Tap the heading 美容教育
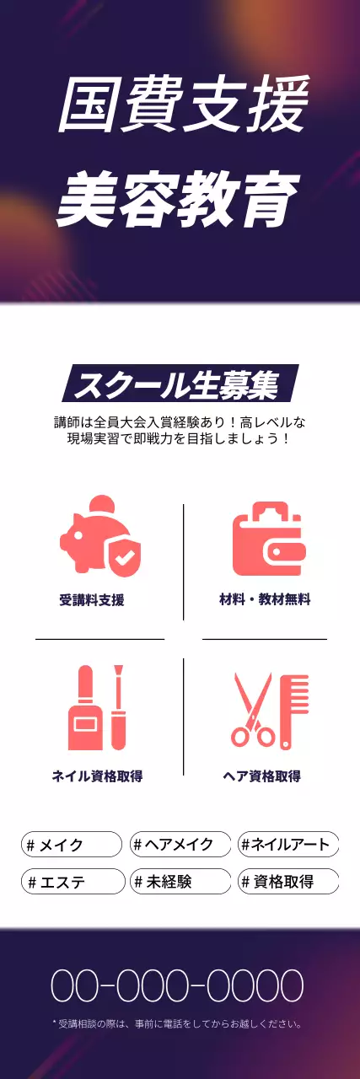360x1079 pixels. pos(180,200)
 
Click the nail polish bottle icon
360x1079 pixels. pos(85,708)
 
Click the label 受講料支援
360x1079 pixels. pos(92,600)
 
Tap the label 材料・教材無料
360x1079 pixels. pos(265,599)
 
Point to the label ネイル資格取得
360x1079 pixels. pos(97,776)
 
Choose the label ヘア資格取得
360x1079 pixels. pos(261,776)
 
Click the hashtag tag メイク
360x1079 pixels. pos(72,844)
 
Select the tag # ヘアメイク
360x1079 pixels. pos(180,844)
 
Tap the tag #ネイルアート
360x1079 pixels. pos(288,844)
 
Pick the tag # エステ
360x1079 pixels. pos(72,882)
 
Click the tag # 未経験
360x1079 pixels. pos(180,882)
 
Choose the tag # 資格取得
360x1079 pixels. pos(288,882)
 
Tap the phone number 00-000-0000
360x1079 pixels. pos(177,985)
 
